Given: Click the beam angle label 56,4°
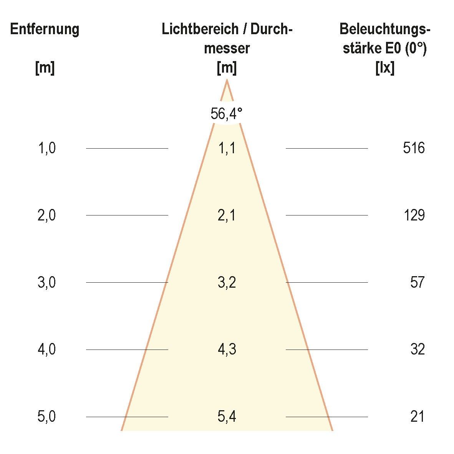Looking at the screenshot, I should [x=227, y=114].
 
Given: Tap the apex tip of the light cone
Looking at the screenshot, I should [x=227, y=80].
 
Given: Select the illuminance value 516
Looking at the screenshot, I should [x=414, y=148].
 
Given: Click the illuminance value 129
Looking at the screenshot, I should [x=414, y=215].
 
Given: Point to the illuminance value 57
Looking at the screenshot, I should [x=417, y=283].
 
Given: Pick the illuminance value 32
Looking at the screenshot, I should [x=417, y=350].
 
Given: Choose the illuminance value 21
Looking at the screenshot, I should [x=417, y=417].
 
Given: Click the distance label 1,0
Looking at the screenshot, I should [x=47, y=148].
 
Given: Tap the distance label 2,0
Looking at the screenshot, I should [x=47, y=215].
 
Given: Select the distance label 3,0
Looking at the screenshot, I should [x=47, y=283].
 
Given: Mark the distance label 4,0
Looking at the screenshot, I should [x=47, y=350].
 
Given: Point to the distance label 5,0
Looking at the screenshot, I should [x=47, y=417].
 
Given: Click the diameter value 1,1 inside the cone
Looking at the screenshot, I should [x=227, y=148].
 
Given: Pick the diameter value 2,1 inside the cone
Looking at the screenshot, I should [x=227, y=215].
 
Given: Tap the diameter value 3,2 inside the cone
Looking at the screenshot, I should [x=227, y=283].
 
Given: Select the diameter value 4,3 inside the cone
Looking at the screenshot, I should [x=227, y=350].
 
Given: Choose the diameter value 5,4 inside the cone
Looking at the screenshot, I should [x=227, y=417].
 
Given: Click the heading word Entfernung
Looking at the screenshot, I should [x=45, y=29].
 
